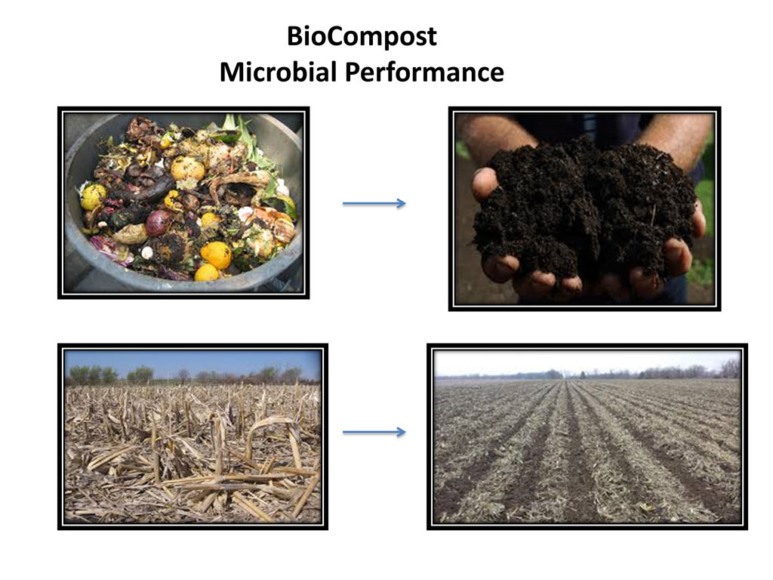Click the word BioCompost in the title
tap(362, 36)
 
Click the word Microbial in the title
tap(278, 72)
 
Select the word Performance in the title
tap(424, 72)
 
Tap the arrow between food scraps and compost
tap(374, 203)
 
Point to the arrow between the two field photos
tap(374, 432)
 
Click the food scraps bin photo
tap(183, 202)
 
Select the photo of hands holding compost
tap(584, 208)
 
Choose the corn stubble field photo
tap(192, 437)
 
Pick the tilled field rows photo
tap(587, 437)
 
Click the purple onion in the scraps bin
tap(159, 223)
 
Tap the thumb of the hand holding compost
tap(485, 184)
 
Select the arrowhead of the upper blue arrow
tap(401, 203)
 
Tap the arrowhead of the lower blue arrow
tap(401, 432)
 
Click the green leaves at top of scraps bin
tap(244, 136)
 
